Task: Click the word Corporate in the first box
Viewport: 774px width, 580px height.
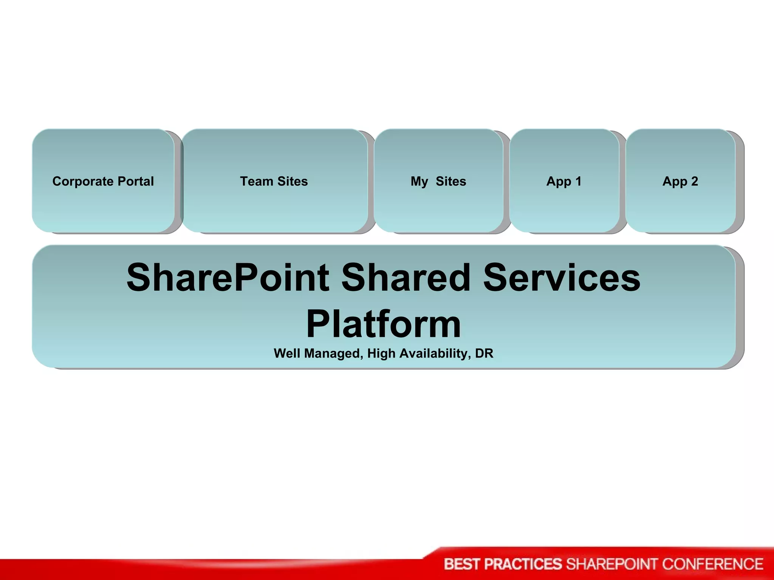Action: pyautogui.click(x=83, y=182)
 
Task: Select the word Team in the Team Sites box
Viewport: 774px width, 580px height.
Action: pyautogui.click(x=256, y=182)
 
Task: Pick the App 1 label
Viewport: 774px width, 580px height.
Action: pyautogui.click(x=563, y=182)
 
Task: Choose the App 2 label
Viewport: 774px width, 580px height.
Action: pyautogui.click(x=680, y=182)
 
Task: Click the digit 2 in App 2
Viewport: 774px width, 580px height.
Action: pyautogui.click(x=694, y=182)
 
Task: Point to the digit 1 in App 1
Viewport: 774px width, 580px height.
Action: pyautogui.click(x=578, y=182)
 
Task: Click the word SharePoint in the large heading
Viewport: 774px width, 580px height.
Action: pyautogui.click(x=228, y=278)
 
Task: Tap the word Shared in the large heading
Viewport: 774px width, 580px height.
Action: pyautogui.click(x=406, y=278)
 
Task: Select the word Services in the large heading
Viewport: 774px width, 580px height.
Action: pyautogui.click(x=562, y=278)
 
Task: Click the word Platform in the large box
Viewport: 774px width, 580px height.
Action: pyautogui.click(x=384, y=324)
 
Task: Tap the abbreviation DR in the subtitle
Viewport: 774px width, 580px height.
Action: pyautogui.click(x=484, y=353)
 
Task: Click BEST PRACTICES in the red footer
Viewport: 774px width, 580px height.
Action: pyautogui.click(x=503, y=564)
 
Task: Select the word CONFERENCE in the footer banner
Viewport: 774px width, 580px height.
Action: pyautogui.click(x=712, y=564)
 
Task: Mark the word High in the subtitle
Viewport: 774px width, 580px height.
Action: pyautogui.click(x=382, y=353)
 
